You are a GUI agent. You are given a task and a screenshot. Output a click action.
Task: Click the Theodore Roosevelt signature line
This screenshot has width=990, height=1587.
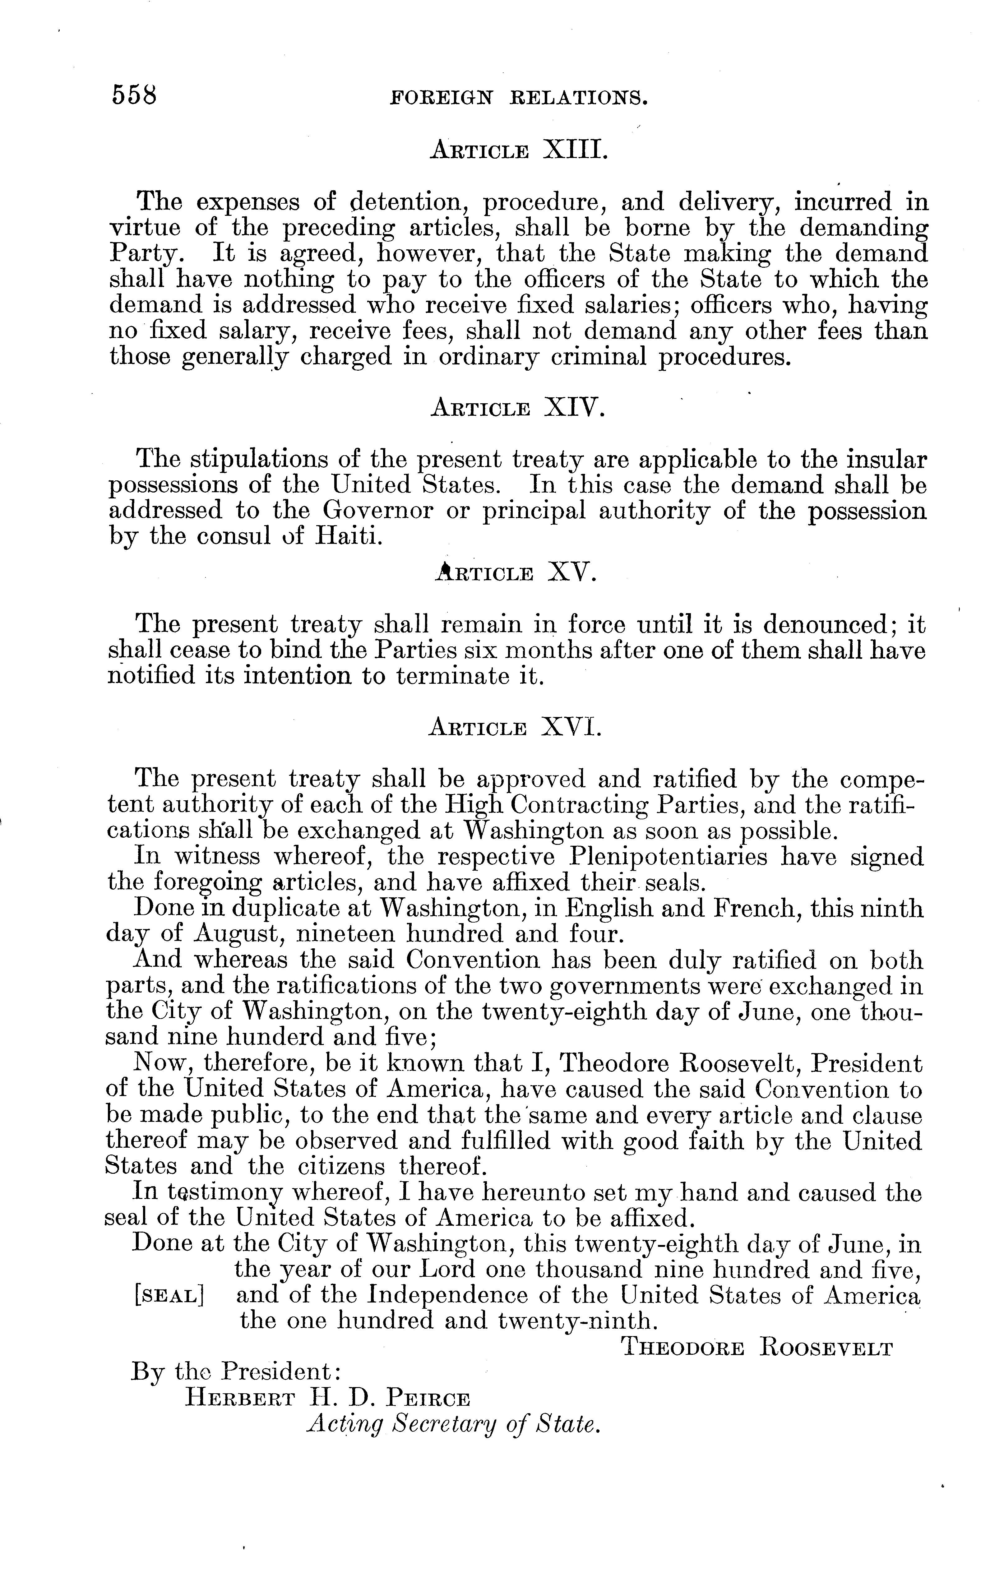pos(756,1348)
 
